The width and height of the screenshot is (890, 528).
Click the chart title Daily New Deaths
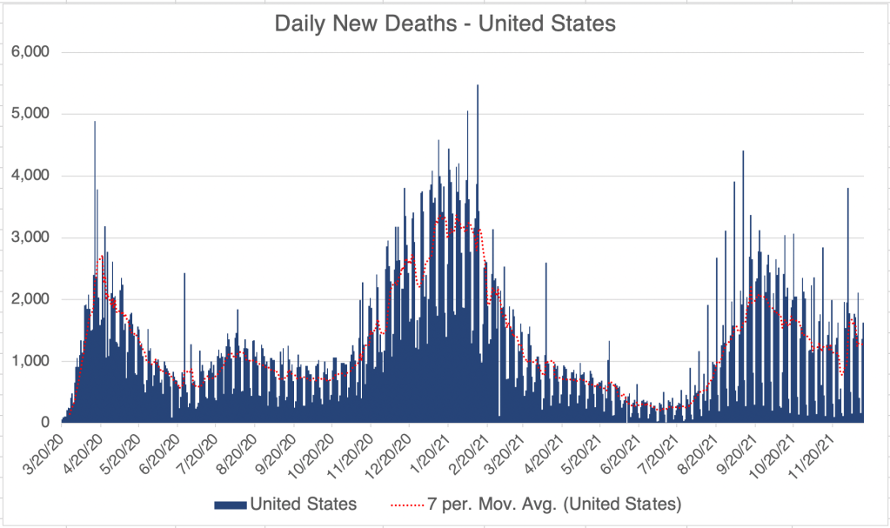pos(445,23)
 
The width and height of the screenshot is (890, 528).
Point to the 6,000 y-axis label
pos(30,52)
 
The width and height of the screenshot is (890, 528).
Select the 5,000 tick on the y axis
pos(30,114)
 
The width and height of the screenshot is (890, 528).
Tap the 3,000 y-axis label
pos(30,237)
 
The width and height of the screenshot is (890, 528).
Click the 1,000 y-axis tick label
pos(30,361)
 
